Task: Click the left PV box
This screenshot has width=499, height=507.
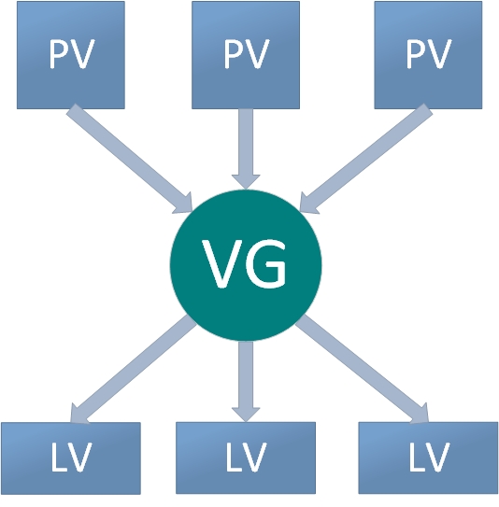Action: click(x=71, y=55)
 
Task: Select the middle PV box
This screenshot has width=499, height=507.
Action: click(x=246, y=55)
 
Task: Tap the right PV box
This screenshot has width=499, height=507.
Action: click(x=428, y=55)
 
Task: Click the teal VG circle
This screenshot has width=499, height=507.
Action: click(x=246, y=265)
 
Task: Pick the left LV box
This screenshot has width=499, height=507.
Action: click(x=71, y=458)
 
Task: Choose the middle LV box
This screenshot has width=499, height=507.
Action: click(x=246, y=458)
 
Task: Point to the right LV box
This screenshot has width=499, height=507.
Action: click(x=428, y=458)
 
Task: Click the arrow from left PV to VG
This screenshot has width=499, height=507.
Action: click(x=130, y=159)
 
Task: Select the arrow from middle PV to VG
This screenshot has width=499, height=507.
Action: click(x=246, y=149)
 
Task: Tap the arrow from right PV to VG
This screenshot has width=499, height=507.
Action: click(x=366, y=159)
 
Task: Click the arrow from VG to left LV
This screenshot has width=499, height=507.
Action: click(x=134, y=369)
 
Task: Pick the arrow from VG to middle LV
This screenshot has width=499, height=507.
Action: click(x=246, y=382)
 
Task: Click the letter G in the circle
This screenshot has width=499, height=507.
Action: click(x=266, y=263)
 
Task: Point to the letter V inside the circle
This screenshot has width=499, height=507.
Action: click(x=222, y=263)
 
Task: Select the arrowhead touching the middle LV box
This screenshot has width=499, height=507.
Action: click(x=246, y=415)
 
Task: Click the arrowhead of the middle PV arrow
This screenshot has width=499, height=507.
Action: click(x=246, y=182)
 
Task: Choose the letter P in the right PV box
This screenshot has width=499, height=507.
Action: click(x=416, y=54)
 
